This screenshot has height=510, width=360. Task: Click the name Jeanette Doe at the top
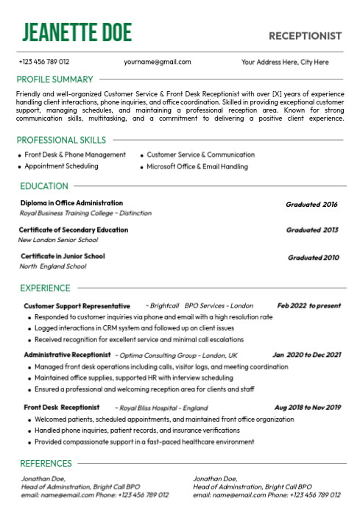tap(77, 32)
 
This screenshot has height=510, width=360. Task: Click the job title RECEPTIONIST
tap(305, 35)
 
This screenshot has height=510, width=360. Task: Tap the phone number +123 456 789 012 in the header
tap(44, 62)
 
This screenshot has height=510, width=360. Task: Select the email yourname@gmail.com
tap(158, 62)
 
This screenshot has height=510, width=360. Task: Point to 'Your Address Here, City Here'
tap(285, 62)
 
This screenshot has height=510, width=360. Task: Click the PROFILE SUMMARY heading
tap(55, 79)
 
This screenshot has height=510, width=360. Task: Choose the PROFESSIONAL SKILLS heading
tap(61, 140)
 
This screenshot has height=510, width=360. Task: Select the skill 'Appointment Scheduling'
tap(61, 166)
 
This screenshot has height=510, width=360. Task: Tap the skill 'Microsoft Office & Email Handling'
tap(197, 166)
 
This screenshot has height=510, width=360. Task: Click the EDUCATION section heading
tap(44, 186)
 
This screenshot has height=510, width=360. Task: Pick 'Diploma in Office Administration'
tap(71, 203)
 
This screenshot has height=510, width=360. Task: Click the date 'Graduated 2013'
tap(312, 230)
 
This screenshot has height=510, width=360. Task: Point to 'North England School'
tap(52, 266)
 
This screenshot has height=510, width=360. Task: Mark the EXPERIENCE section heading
tap(46, 288)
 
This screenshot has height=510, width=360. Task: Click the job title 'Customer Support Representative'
tap(77, 305)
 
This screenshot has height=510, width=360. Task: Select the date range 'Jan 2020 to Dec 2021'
tap(306, 355)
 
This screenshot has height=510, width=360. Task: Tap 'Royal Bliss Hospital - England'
tap(163, 407)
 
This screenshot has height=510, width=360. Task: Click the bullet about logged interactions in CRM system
tap(134, 328)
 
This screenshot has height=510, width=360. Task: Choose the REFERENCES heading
tap(46, 464)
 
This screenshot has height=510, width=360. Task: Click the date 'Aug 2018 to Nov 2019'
tap(308, 407)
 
